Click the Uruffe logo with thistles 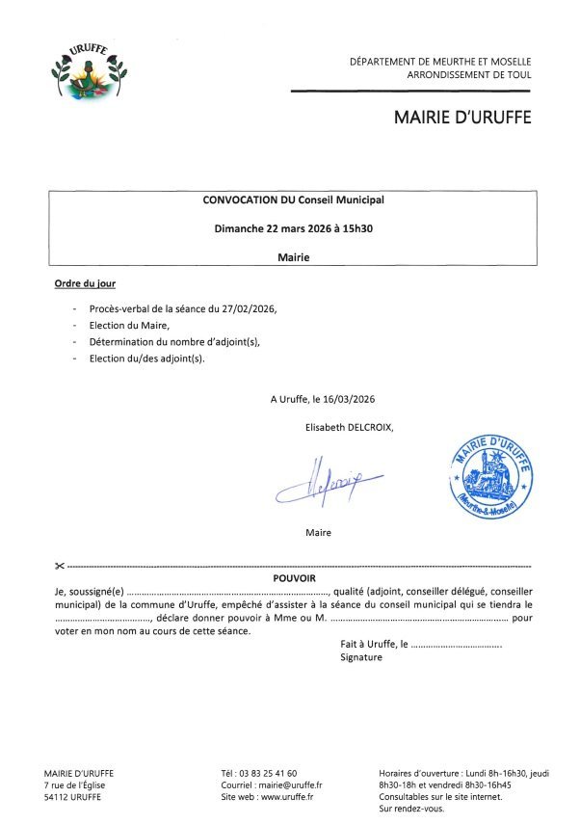coord(89,73)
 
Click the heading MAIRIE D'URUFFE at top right coord(461,118)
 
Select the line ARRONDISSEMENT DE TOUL coord(469,74)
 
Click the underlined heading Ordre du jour coord(85,285)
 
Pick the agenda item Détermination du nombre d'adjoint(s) coord(174,342)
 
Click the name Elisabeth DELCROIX coord(349,426)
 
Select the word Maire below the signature coord(319,532)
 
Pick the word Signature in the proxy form coord(361,657)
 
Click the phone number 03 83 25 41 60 coord(273,773)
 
